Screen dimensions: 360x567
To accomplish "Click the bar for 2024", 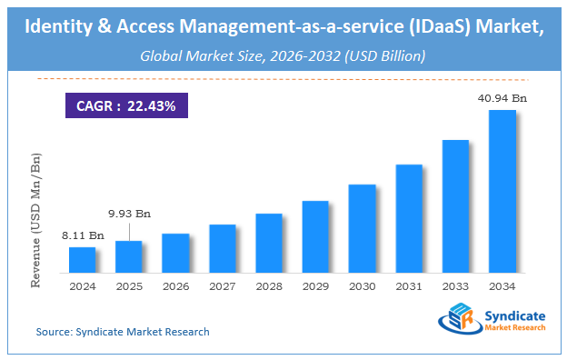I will point(83,260).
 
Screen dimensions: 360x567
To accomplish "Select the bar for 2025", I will point(129,256).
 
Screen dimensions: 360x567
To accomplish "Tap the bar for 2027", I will point(223,248).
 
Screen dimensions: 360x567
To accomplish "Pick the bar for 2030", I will point(362,228).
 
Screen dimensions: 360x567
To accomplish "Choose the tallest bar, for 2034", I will point(502,191).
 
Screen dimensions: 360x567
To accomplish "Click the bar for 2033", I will point(455,206).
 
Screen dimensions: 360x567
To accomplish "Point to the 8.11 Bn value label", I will point(84,236).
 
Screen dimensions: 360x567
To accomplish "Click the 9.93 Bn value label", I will point(130,214).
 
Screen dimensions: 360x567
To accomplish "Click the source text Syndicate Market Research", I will point(123,332).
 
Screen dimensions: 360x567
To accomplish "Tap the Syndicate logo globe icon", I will point(458,320).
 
